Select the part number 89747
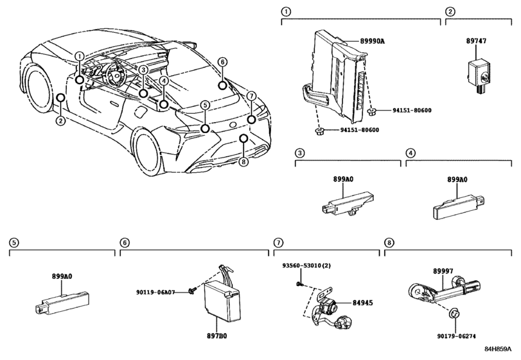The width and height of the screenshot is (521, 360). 477,40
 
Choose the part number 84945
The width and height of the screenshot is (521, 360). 361,303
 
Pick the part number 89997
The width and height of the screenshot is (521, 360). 443,272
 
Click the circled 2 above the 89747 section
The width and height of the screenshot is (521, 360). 450,12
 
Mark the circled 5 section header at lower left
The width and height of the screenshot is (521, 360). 13,242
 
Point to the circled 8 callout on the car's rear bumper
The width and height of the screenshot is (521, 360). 243,161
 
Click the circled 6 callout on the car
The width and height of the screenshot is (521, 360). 222,62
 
